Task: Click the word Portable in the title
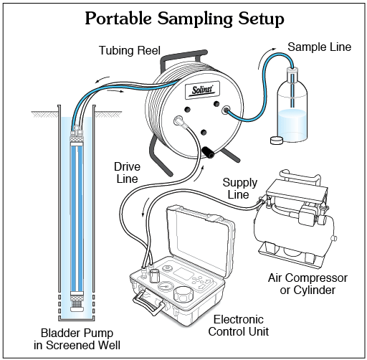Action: (x=118, y=19)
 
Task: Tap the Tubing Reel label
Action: (x=130, y=51)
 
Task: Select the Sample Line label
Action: (x=319, y=47)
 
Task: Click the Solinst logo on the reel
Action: (x=202, y=90)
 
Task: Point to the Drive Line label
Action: (x=127, y=173)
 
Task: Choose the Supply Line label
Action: (x=239, y=189)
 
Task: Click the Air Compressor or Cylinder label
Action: (x=308, y=284)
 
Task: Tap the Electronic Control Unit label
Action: (x=239, y=326)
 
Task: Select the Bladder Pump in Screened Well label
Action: (x=77, y=339)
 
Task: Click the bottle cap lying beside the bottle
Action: (x=277, y=141)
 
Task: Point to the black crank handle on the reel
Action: (x=208, y=153)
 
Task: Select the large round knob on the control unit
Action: (x=183, y=295)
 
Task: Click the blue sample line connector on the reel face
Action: (x=226, y=110)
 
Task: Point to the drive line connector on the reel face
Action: (x=179, y=121)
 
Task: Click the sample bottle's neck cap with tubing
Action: (x=292, y=71)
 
